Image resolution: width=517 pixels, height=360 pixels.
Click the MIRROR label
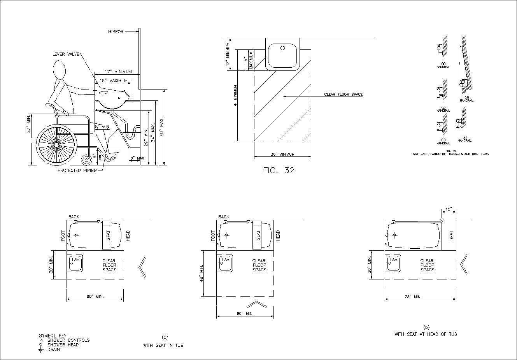(x=116, y=32)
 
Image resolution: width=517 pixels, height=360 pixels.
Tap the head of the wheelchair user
(x=59, y=72)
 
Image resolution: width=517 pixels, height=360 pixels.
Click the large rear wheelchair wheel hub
(x=56, y=144)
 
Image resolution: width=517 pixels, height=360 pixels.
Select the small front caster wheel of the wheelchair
(x=85, y=160)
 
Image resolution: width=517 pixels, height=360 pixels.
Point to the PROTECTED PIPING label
(x=77, y=170)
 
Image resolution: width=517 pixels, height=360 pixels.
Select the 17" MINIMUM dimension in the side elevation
(x=118, y=72)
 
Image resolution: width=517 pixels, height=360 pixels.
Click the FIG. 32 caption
(x=279, y=170)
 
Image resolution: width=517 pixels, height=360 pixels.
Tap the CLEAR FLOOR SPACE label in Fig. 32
(x=343, y=95)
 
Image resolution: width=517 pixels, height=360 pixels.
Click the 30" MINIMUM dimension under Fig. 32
(x=282, y=155)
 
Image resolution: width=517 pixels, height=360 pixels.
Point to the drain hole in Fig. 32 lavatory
(x=283, y=49)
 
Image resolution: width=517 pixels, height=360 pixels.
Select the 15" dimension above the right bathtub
(x=449, y=209)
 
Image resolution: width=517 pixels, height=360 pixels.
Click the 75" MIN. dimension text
(x=413, y=297)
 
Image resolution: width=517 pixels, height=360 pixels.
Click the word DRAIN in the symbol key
(x=54, y=349)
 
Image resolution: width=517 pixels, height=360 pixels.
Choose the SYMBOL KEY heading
(x=53, y=335)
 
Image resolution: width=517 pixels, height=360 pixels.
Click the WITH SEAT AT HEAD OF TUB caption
(x=426, y=334)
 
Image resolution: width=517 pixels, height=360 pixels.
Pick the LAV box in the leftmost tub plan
(x=75, y=263)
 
